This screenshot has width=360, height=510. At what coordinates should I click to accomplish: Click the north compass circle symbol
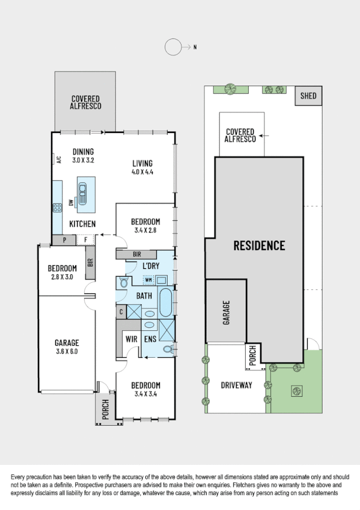coord(173,46)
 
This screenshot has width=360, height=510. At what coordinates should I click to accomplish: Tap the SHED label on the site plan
coord(308,96)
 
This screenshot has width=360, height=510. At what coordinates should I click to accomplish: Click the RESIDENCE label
coord(259,245)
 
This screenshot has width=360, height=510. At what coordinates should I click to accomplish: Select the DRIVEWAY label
coord(236,385)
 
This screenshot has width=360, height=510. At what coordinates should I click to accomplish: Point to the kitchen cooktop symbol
coord(58,209)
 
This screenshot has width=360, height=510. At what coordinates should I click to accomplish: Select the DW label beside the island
coord(71,203)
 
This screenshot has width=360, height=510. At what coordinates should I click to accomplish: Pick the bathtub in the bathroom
coord(165,302)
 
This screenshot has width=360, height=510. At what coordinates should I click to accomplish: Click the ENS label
coord(150,339)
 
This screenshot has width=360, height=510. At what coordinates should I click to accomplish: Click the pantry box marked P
coord(64,240)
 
